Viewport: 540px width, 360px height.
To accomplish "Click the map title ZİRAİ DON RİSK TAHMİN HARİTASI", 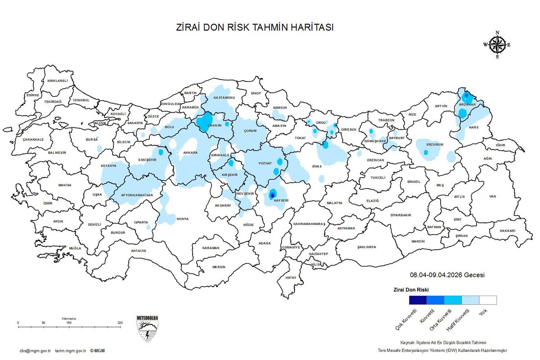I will [255, 27].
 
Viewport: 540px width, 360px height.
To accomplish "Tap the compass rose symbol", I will [497, 45].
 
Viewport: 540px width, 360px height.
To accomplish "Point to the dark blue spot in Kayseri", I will [272, 195].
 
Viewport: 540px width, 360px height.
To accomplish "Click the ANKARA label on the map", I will [190, 153].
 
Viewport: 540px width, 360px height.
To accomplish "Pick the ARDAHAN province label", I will [467, 104].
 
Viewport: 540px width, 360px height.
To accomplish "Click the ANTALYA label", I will [139, 251].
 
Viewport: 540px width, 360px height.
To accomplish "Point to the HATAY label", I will [291, 278].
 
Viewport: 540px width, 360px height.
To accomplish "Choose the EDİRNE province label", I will [33, 95].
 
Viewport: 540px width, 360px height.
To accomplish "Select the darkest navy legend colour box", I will [418, 300].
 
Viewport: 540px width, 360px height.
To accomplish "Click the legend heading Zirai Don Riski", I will [411, 289].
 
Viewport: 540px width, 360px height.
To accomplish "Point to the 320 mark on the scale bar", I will [120, 323].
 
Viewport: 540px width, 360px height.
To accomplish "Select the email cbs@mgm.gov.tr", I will [35, 351].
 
